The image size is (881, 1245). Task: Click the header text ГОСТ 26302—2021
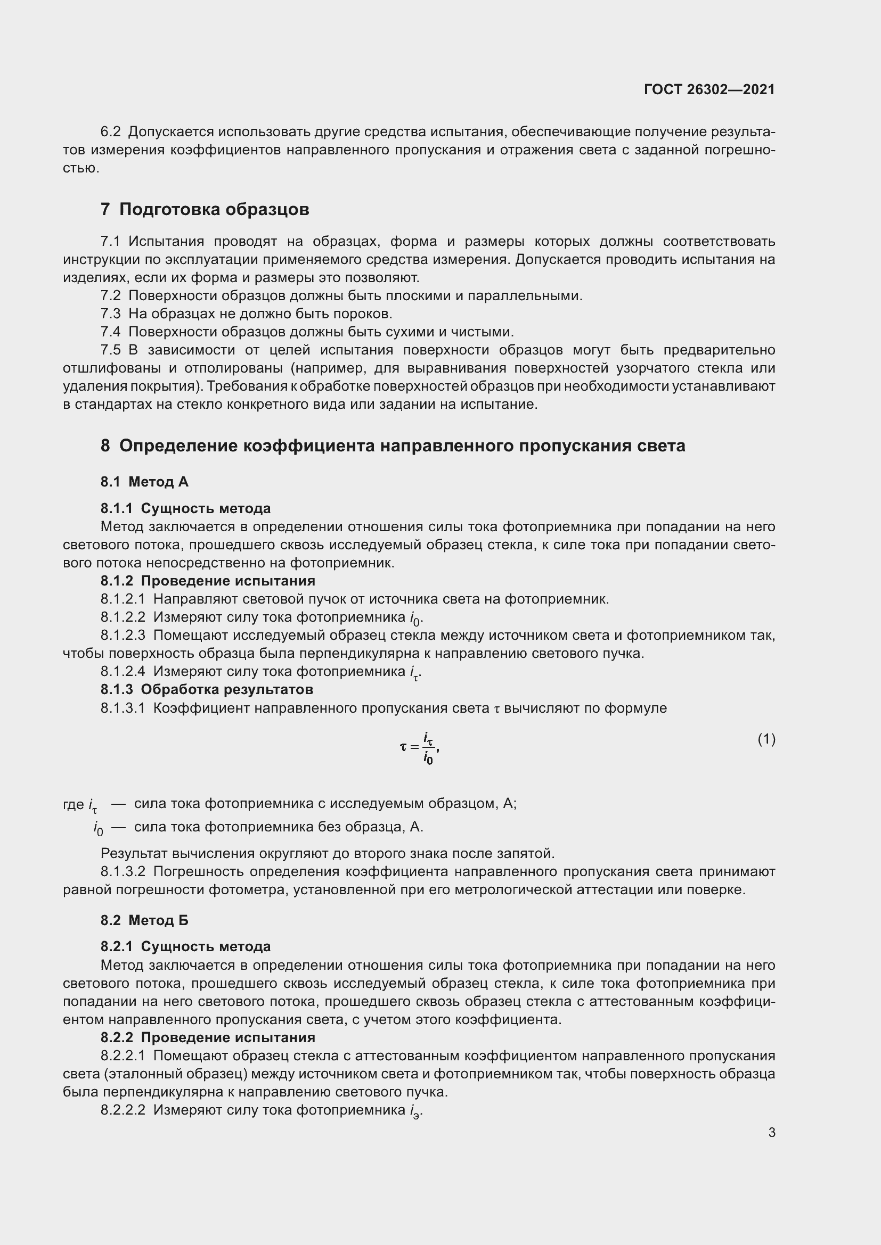tap(709, 89)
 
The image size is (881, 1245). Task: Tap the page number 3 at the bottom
tap(771, 1132)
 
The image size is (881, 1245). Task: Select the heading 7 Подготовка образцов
tap(205, 209)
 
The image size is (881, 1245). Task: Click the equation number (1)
tap(766, 739)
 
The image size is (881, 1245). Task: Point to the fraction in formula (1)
tap(428, 748)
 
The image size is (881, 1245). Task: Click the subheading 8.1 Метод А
tap(144, 482)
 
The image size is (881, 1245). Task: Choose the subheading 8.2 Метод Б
tap(144, 920)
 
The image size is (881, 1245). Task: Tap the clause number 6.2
tap(111, 132)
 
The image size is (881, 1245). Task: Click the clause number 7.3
tap(111, 314)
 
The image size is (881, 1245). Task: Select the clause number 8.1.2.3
tap(123, 635)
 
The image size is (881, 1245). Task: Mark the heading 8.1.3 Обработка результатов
tap(207, 689)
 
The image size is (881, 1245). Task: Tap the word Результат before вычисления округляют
tap(134, 853)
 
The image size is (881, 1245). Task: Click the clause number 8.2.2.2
tap(123, 1110)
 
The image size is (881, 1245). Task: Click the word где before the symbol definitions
tap(73, 804)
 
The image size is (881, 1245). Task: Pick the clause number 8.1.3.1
tap(123, 708)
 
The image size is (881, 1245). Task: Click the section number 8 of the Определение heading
tap(105, 446)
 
